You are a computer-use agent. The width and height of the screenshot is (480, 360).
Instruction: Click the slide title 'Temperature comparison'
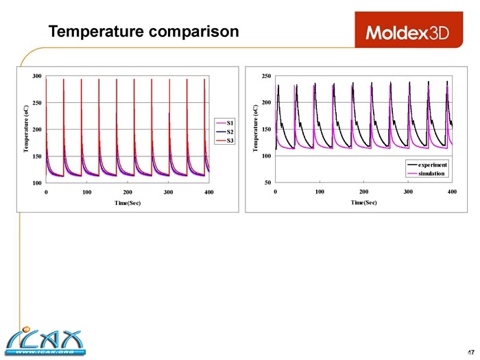tap(143, 32)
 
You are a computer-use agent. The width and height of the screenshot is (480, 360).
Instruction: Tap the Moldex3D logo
tap(407, 32)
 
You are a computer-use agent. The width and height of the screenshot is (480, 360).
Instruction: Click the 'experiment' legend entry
tap(427, 165)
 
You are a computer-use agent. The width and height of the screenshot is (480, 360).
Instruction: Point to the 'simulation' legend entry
tap(427, 173)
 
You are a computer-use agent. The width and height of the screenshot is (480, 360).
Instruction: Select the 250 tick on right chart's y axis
tap(265, 75)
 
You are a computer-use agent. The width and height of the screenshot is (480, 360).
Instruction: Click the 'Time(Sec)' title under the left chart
tap(128, 203)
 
